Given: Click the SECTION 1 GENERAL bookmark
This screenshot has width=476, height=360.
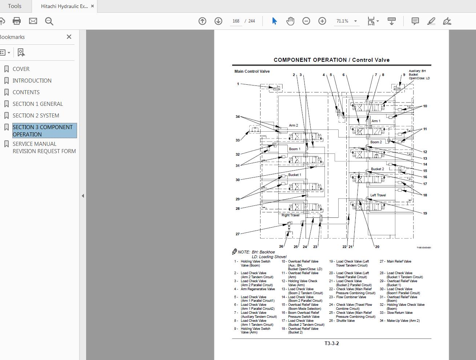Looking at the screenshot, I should tap(37, 104).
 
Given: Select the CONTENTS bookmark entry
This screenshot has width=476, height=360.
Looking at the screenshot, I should tap(26, 92).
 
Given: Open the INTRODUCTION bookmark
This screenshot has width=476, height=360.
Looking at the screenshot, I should tap(32, 81).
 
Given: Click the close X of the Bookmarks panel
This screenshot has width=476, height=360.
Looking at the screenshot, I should tap(69, 37).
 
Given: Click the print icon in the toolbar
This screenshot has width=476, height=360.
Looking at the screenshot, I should tap(17, 21).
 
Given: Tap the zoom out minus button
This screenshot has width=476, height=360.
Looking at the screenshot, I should tap(306, 21).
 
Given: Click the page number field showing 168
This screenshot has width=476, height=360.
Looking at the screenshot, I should tap(236, 21).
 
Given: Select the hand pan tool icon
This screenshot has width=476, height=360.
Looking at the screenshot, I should tap(290, 21).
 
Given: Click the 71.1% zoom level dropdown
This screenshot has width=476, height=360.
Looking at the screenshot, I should tap(346, 21).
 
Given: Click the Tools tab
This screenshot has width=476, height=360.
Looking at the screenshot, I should tap(15, 6).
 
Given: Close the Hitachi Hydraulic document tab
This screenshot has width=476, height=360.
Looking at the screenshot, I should tap(92, 6).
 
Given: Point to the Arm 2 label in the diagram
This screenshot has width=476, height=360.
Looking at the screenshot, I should tap(293, 125).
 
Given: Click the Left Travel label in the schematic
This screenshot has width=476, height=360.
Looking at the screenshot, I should tap(378, 195).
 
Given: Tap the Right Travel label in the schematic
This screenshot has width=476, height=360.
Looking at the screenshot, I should tap(290, 215).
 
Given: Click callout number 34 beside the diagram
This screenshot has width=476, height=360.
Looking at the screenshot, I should tap(238, 117).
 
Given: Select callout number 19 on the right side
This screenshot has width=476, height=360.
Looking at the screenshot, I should tap(425, 213).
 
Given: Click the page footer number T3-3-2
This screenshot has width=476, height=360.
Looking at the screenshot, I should tap(331, 343).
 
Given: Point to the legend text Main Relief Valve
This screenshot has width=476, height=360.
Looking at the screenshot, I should tap(399, 261).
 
